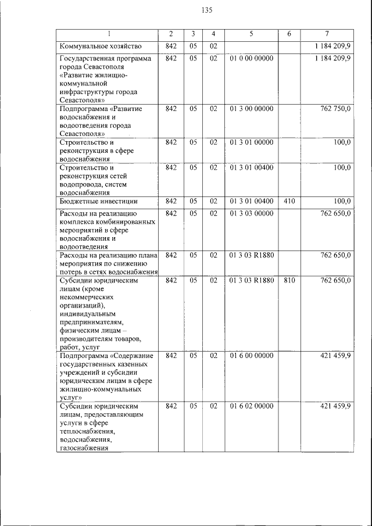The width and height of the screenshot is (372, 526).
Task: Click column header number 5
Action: coord(251,34)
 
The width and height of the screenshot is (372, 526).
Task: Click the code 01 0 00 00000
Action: coord(251,58)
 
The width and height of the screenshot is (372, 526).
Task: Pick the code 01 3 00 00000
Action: coord(251,109)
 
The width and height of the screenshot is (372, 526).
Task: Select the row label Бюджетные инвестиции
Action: coord(98,202)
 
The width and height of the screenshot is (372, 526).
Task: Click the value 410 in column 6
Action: coord(289,202)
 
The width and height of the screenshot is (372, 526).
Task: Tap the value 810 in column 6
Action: coord(289,281)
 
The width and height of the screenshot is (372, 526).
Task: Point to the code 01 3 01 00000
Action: coord(251,142)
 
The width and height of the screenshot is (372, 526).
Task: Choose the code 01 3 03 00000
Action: coord(251,214)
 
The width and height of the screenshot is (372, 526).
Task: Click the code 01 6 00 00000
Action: coord(251,355)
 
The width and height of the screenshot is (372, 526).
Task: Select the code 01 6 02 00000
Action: coord(251,406)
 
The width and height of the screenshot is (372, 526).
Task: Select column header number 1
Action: coord(108,34)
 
